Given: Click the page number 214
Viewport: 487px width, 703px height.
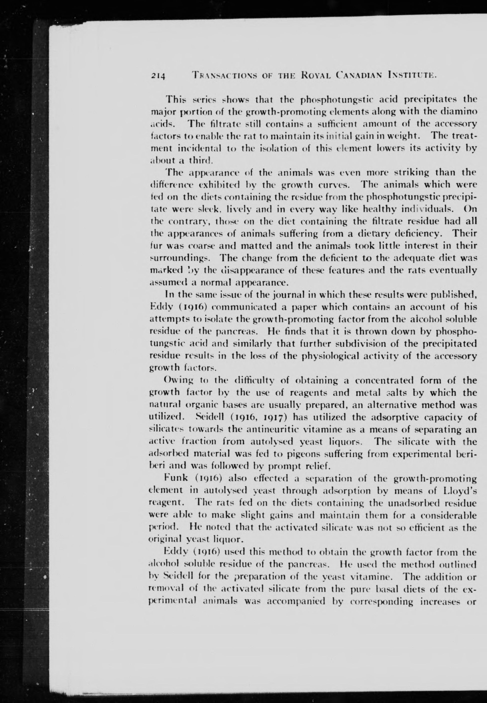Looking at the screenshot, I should click(157, 75).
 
